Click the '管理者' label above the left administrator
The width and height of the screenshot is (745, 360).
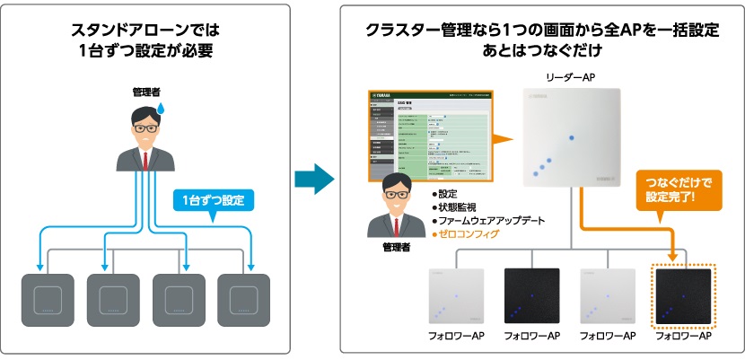pyautogui.click(x=145, y=92)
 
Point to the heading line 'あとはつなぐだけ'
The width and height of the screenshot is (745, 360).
pyautogui.click(x=542, y=49)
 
